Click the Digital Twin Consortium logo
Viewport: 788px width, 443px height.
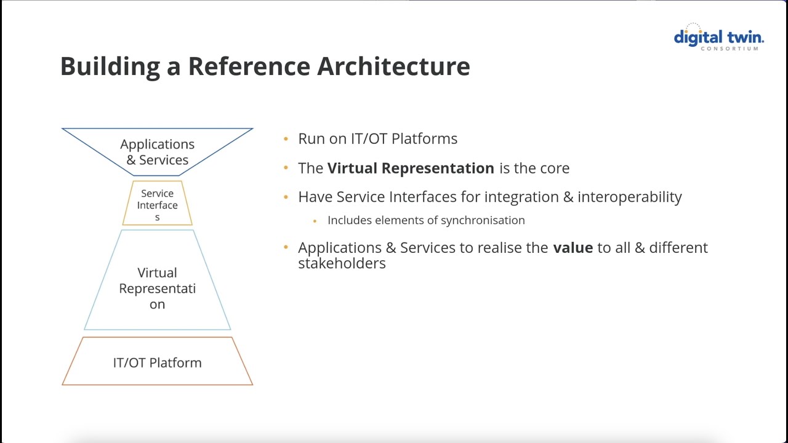point(718,37)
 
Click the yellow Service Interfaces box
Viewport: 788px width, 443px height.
point(157,204)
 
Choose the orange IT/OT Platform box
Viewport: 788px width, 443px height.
point(157,362)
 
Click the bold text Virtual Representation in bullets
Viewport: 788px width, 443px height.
point(411,169)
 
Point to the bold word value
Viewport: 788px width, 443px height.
point(573,248)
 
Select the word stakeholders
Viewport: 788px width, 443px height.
point(342,263)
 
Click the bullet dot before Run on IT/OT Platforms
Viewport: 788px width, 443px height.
point(286,139)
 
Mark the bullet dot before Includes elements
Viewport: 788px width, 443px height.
point(315,221)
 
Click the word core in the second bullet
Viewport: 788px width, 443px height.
point(553,169)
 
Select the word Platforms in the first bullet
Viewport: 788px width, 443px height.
point(424,139)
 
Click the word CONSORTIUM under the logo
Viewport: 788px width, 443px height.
point(729,49)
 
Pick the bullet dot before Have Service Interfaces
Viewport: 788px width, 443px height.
point(286,198)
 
